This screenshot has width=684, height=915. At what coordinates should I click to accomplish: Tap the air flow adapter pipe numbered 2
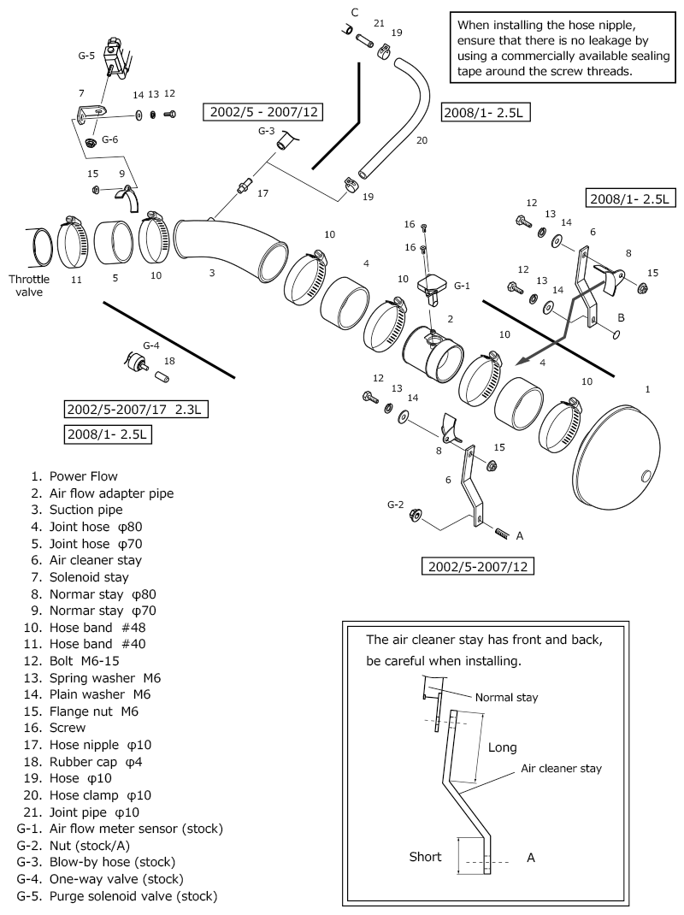[432, 355]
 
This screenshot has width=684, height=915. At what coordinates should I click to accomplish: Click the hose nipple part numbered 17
[245, 184]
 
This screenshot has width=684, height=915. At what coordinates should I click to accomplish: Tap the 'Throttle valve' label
[29, 285]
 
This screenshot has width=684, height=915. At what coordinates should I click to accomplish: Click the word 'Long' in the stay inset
[502, 747]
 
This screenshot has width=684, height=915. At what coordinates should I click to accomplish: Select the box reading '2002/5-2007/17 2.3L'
[135, 409]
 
